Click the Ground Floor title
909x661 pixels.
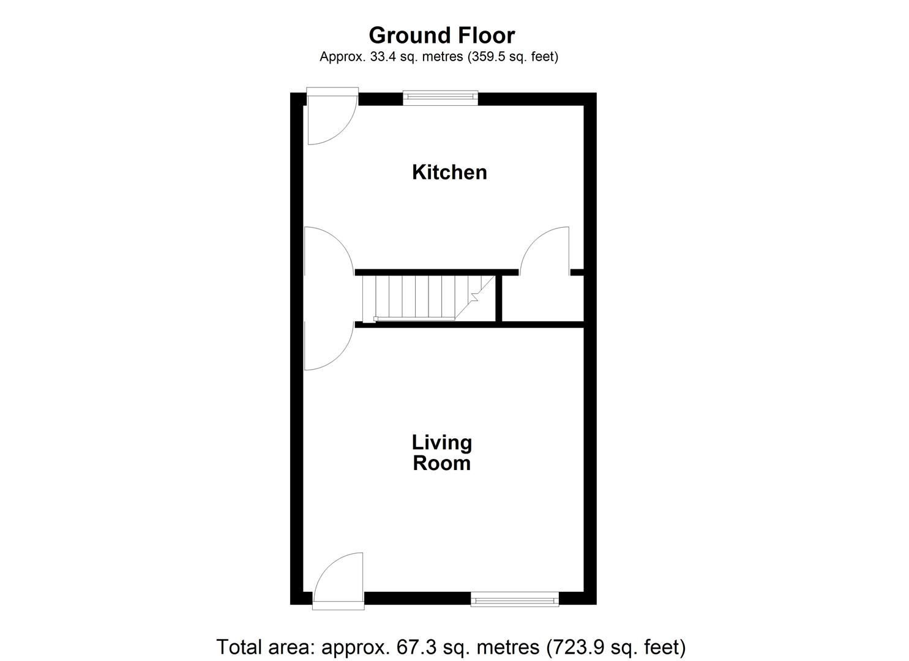point(441,35)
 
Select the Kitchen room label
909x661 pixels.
point(449,172)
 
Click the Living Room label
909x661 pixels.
point(441,452)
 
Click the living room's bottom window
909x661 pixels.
point(514,598)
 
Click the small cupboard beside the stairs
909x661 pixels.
point(542,299)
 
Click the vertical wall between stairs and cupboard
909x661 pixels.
point(499,298)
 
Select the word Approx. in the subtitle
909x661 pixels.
point(340,57)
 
